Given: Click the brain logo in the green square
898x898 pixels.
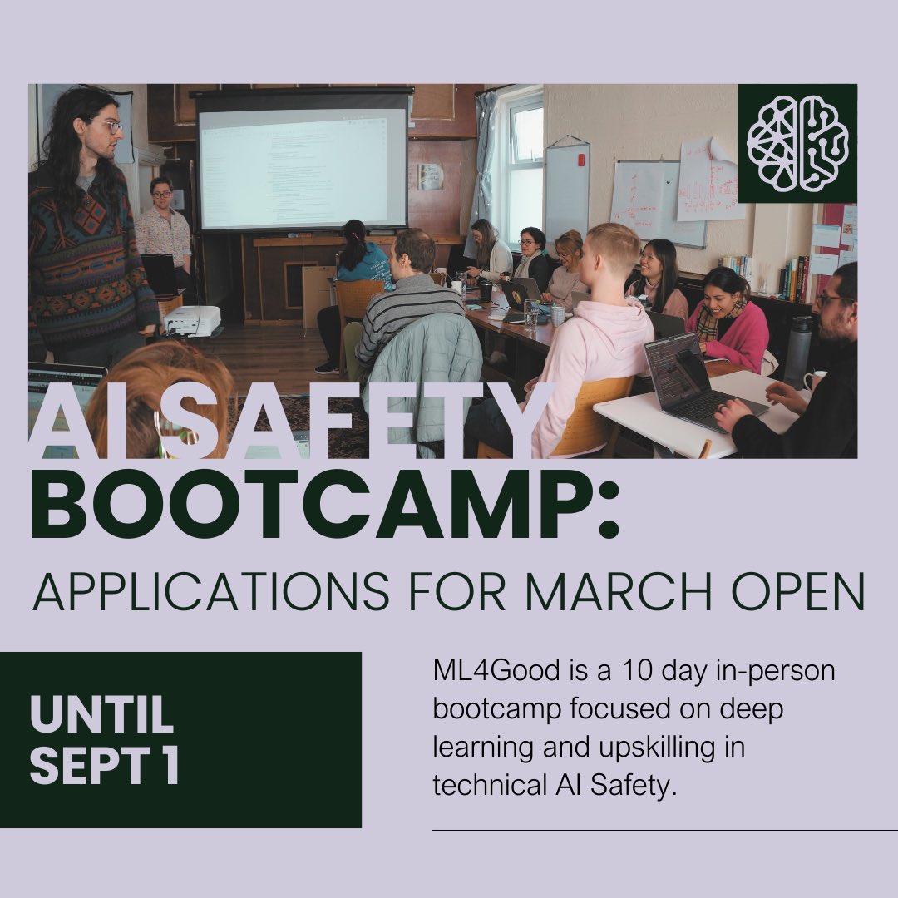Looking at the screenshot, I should (x=797, y=143).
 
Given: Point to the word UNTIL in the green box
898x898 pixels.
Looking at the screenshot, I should (x=101, y=715).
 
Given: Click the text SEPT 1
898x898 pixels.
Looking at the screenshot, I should (x=105, y=767).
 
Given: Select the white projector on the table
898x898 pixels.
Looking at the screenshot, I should (x=192, y=319).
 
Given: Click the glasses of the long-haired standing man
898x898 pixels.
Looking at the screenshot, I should (x=108, y=126).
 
